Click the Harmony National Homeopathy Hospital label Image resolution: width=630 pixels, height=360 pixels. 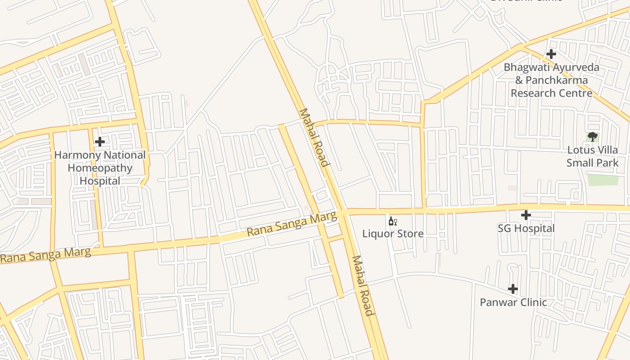pyautogui.click(x=100, y=168)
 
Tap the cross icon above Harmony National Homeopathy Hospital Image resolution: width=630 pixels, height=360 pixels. pyautogui.click(x=100, y=142)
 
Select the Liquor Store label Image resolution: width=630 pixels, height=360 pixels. pyautogui.click(x=393, y=234)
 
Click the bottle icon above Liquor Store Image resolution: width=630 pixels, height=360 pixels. pyautogui.click(x=392, y=221)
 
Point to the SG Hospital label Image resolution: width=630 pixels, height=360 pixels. pyautogui.click(x=526, y=228)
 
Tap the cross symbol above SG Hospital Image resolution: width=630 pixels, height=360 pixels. pyautogui.click(x=526, y=215)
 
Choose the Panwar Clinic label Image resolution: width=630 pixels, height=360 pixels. pyautogui.click(x=513, y=302)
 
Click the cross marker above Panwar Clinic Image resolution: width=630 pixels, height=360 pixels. pyautogui.click(x=513, y=288)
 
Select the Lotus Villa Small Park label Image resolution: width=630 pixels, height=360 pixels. pyautogui.click(x=592, y=156)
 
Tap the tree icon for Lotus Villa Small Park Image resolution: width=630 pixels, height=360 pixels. pyautogui.click(x=592, y=137)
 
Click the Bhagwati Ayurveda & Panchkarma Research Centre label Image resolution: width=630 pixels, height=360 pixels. pyautogui.click(x=551, y=80)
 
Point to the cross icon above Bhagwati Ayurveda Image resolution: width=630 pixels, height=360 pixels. pyautogui.click(x=551, y=54)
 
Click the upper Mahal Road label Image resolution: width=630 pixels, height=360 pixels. pyautogui.click(x=314, y=137)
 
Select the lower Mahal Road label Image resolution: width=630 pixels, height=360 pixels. pyautogui.click(x=363, y=286)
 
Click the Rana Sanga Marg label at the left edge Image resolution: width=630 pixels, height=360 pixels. pyautogui.click(x=45, y=255)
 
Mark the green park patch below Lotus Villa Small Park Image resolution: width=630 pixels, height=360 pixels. pyautogui.click(x=603, y=180)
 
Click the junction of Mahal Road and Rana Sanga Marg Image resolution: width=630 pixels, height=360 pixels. pyautogui.click(x=344, y=212)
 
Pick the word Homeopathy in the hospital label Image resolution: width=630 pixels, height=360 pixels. pyautogui.click(x=100, y=168)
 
